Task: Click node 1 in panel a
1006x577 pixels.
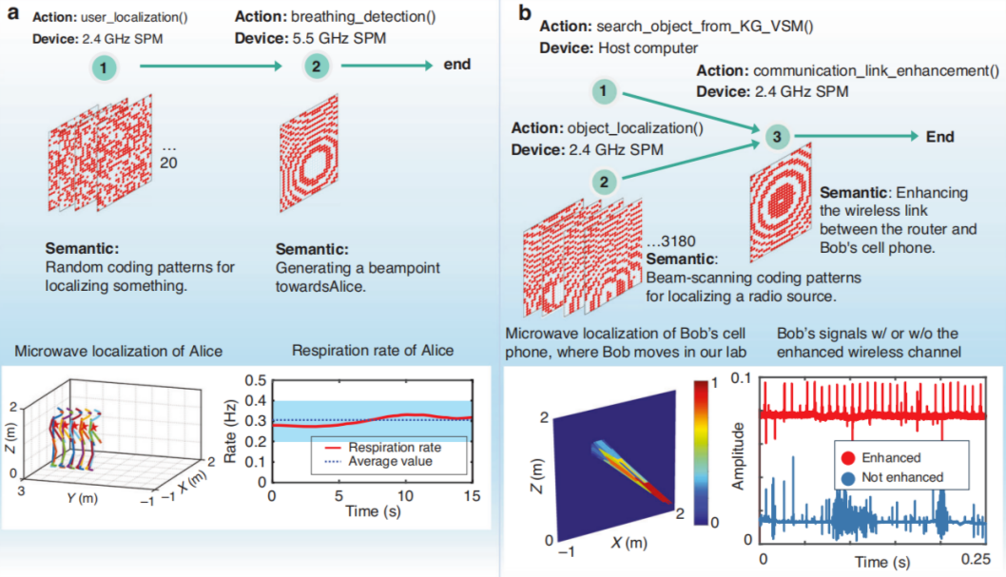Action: tap(104, 67)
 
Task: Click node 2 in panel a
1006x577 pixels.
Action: tap(317, 66)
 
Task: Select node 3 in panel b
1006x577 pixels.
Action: tap(777, 137)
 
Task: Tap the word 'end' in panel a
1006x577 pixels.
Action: tap(457, 65)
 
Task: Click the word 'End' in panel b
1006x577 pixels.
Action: tap(940, 137)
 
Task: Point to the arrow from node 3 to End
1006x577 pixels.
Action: tap(857, 136)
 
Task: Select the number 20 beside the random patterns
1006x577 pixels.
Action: tap(168, 163)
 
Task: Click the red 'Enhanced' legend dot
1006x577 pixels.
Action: tap(848, 458)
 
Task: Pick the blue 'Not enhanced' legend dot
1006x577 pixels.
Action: tap(848, 478)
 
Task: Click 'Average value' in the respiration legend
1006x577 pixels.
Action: tap(390, 462)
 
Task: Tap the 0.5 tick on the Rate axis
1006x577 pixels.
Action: tap(256, 381)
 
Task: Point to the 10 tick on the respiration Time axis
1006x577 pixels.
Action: tap(405, 495)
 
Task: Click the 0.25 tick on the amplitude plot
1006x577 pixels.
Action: tap(976, 559)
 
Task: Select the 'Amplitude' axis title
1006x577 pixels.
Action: tap(739, 456)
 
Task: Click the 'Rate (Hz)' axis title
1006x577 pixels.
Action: tap(230, 431)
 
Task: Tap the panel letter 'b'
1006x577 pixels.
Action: tap(525, 12)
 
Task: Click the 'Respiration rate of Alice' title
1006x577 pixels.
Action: tap(373, 351)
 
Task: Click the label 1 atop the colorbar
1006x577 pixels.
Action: tap(714, 383)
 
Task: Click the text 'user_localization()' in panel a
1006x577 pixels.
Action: tap(134, 17)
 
